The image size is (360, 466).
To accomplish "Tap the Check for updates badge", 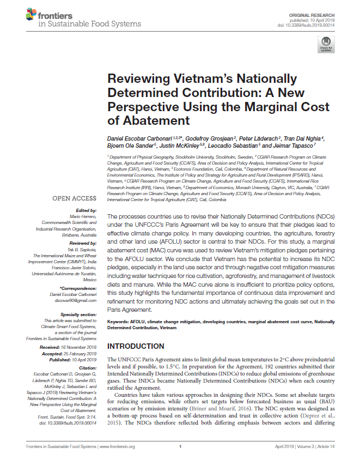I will pyautogui.click(x=326, y=44).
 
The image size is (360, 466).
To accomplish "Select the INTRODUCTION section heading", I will pyautogui.click(x=136, y=346).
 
